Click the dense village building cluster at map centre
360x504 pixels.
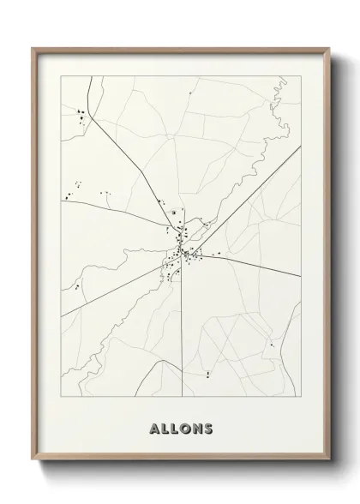point(183,253)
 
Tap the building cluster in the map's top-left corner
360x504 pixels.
point(81,114)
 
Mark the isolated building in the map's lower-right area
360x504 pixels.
point(271,345)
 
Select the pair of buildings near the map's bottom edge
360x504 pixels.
point(207,374)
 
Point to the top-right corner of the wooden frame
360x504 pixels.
point(328,49)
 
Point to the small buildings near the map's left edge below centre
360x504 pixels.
point(78,286)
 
